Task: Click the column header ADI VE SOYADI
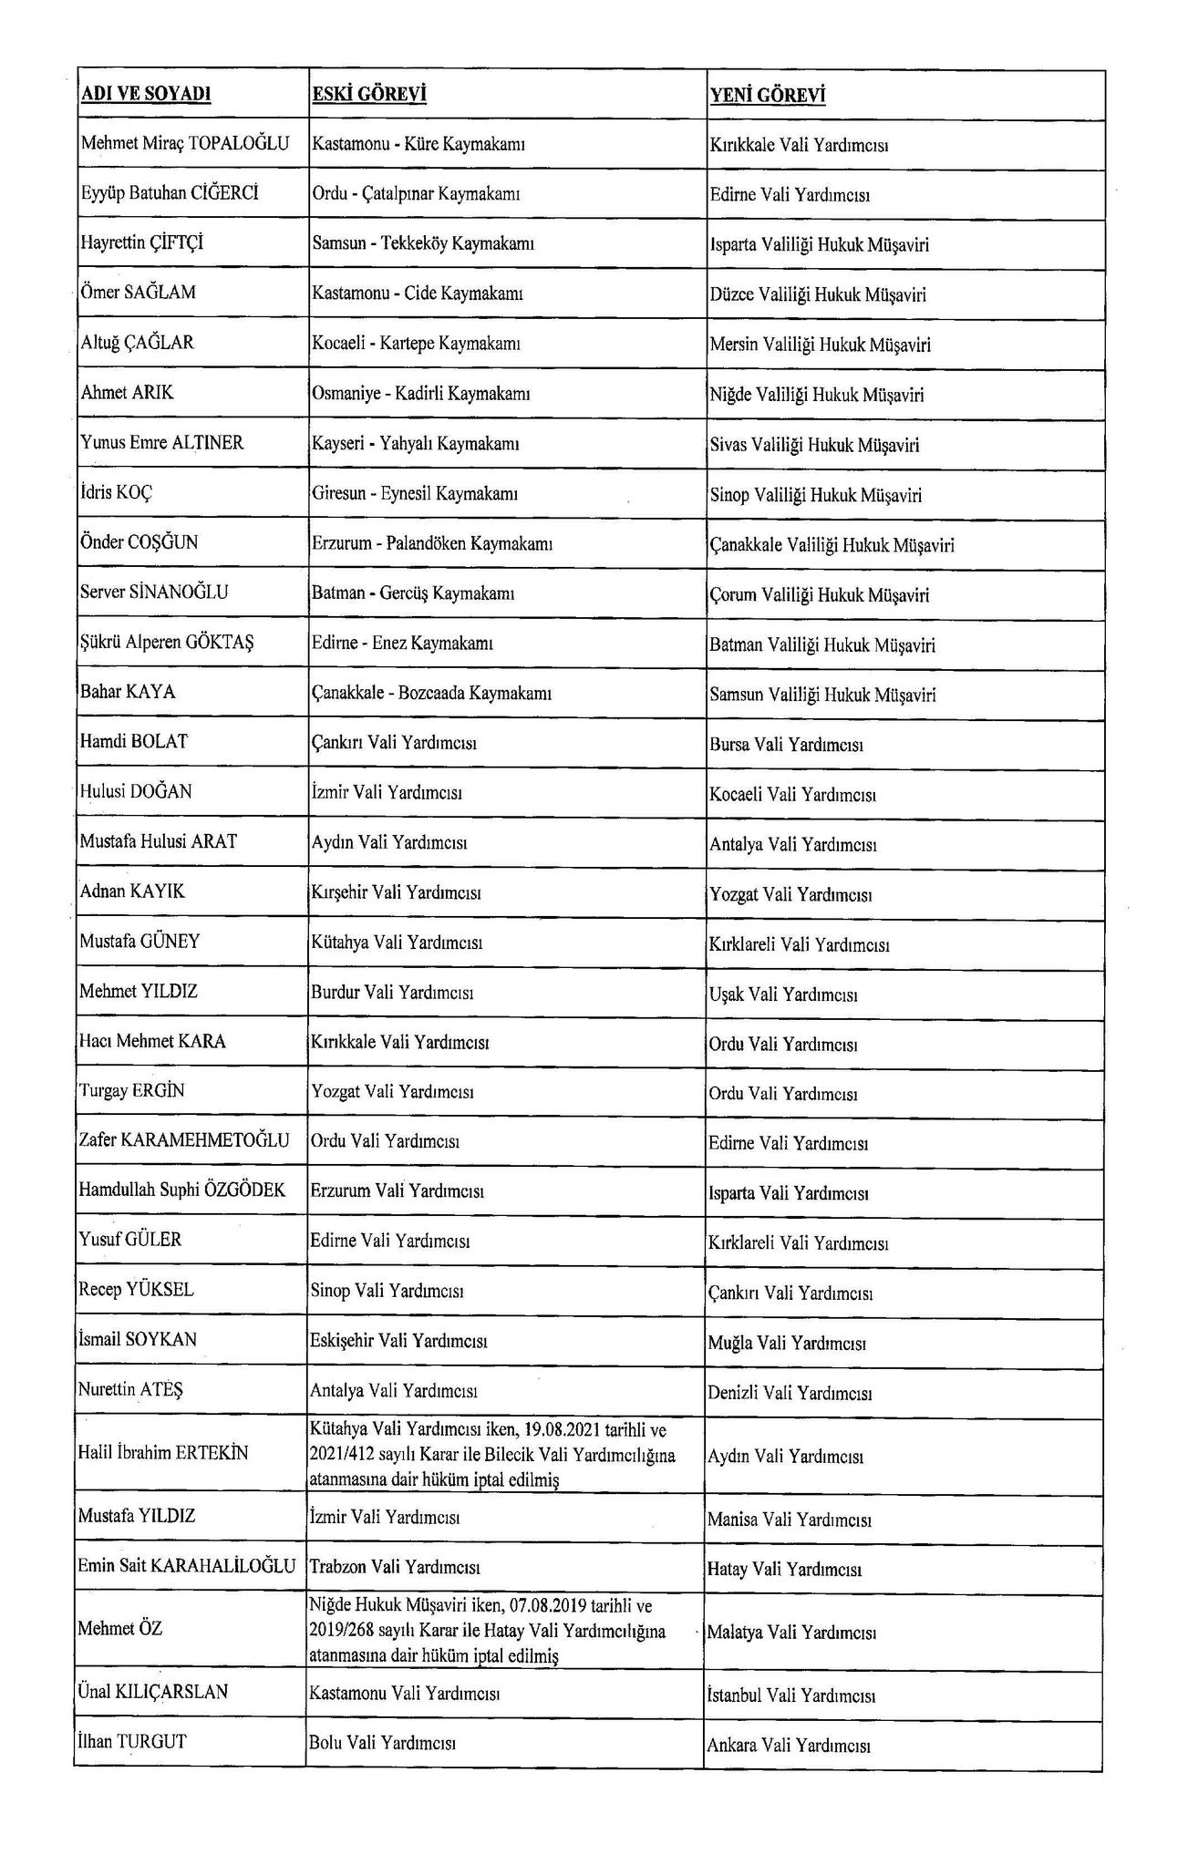tap(146, 95)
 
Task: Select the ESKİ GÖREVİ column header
tap(369, 95)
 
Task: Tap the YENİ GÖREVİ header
tap(768, 96)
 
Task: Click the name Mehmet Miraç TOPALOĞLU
tap(185, 143)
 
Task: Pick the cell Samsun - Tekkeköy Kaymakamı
tap(423, 243)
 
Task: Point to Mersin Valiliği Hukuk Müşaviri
tap(820, 345)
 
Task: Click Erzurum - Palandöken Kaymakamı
tap(432, 543)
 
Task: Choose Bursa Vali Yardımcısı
tap(786, 744)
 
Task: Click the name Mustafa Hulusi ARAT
tap(159, 841)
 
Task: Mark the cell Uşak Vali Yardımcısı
tap(783, 994)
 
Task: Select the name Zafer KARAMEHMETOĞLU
tap(185, 1140)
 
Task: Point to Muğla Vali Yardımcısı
tap(787, 1343)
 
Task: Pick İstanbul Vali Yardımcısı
tap(791, 1695)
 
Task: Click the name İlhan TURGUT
tap(133, 1741)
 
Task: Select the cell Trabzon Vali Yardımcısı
tap(395, 1567)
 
